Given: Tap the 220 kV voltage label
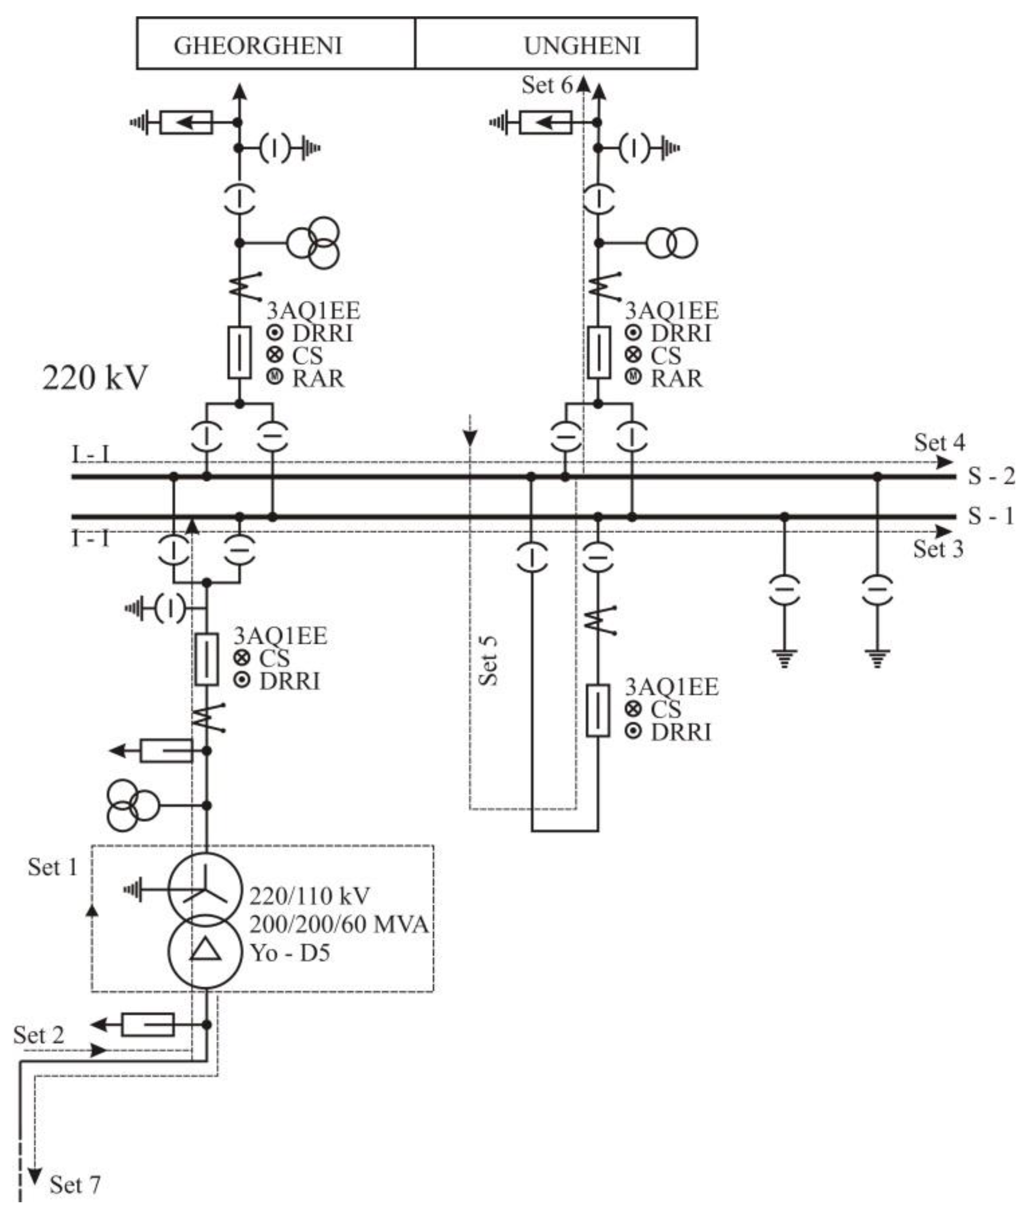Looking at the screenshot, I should [x=95, y=377].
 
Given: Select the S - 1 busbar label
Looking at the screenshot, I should [x=991, y=516].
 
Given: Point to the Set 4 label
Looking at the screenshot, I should [x=939, y=442].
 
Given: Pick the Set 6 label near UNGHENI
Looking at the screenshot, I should [x=547, y=85].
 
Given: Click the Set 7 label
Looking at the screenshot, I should [x=74, y=1185].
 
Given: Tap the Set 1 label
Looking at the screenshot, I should [x=53, y=867].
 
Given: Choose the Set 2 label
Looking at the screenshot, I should [x=39, y=1035].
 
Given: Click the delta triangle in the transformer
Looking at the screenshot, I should [x=205, y=949].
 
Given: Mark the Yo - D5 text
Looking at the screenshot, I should [x=290, y=952].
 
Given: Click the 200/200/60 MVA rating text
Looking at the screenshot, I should [x=339, y=924].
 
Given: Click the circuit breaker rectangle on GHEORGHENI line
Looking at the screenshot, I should [x=239, y=353].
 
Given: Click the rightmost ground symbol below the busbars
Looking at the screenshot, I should [x=877, y=658].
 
